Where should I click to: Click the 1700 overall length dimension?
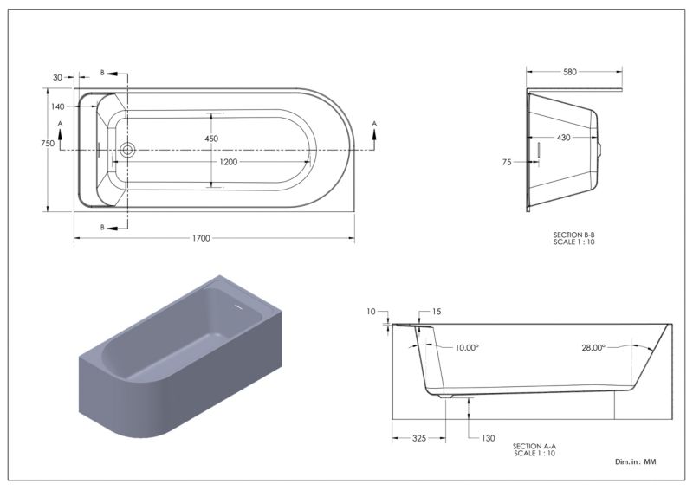201,239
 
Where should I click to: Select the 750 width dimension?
48,144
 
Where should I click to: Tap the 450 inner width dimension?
211,139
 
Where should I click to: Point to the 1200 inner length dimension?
229,162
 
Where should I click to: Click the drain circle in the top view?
127,150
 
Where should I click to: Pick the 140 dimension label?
57,106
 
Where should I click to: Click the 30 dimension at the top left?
57,78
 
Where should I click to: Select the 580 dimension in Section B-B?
570,72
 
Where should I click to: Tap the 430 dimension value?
564,138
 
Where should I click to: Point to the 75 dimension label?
507,163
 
